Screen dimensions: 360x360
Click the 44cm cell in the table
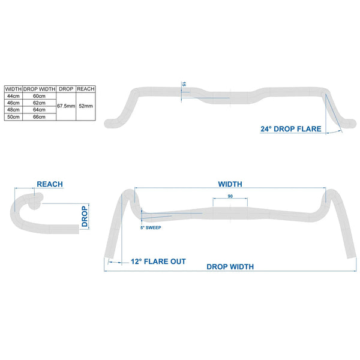tap(13, 95)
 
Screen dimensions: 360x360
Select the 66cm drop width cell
tap(39, 116)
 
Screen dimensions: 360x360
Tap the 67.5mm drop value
tap(65, 106)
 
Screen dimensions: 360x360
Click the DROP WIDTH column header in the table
tap(39, 88)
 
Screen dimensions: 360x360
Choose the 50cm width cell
tap(13, 116)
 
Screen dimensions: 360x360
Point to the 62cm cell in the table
tap(39, 103)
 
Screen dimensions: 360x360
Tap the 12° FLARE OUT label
tap(158, 261)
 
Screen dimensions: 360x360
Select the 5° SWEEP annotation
tap(151, 228)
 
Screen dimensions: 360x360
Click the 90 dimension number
tap(230, 196)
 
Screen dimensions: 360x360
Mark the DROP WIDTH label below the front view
tap(230, 267)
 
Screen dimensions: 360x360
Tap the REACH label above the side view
tap(50, 184)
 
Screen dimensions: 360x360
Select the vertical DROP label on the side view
tap(85, 218)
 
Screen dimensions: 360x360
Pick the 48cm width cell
tap(13, 109)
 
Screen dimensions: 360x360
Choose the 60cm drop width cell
tap(39, 95)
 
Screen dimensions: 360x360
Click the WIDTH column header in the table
tap(13, 88)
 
